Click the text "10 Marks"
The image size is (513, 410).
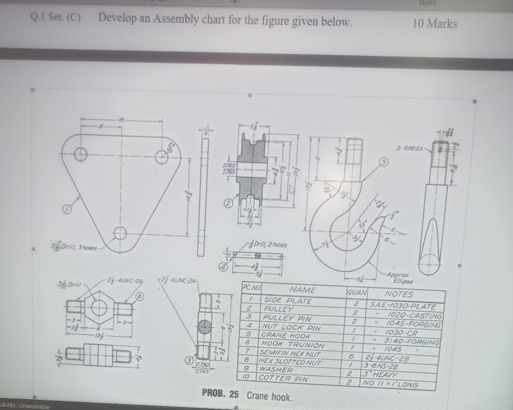pos(434,24)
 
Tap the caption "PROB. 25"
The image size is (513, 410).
pos(220,394)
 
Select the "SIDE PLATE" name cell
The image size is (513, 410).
pos(288,301)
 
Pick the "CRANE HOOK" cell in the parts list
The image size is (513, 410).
pos(285,336)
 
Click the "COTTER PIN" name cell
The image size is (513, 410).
pos(283,378)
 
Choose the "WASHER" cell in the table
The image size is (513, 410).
pos(276,369)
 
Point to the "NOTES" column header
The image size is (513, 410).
pos(399,294)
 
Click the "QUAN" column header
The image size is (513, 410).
pos(357,293)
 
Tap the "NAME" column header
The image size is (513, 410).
pos(303,290)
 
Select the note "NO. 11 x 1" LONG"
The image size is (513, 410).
pos(390,384)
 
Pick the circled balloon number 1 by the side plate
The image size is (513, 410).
pos(67,208)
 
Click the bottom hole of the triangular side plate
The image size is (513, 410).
pos(120,233)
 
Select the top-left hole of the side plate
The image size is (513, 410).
pos(81,155)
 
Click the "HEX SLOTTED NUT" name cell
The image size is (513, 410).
pos(290,362)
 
